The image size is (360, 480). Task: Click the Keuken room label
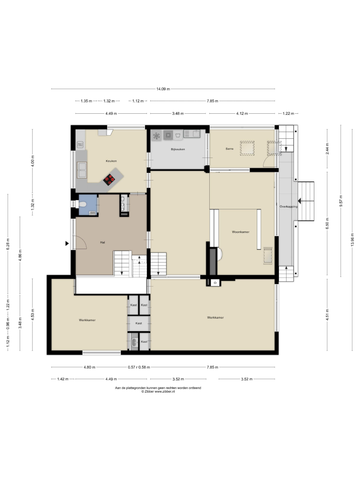tap(111, 161)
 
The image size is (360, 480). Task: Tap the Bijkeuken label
tap(178, 149)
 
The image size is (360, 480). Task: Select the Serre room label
tap(229, 149)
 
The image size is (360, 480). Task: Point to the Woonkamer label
tap(240, 232)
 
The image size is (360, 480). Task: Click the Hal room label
tap(103, 242)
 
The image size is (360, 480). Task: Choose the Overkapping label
tap(288, 206)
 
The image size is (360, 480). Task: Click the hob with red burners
tap(109, 180)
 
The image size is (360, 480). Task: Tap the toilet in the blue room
tap(83, 204)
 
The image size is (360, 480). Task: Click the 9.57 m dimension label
tap(341, 201)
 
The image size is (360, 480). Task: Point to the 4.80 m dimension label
tap(89, 367)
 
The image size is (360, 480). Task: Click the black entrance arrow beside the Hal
tap(67, 244)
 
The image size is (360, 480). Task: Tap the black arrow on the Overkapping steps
tap(300, 201)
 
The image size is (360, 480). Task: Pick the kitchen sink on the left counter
tap(82, 170)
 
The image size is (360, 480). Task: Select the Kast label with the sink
tap(144, 342)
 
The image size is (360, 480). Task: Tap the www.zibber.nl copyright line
tap(158, 392)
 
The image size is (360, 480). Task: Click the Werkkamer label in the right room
tap(215, 318)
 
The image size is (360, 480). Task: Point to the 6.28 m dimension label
tap(8, 244)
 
